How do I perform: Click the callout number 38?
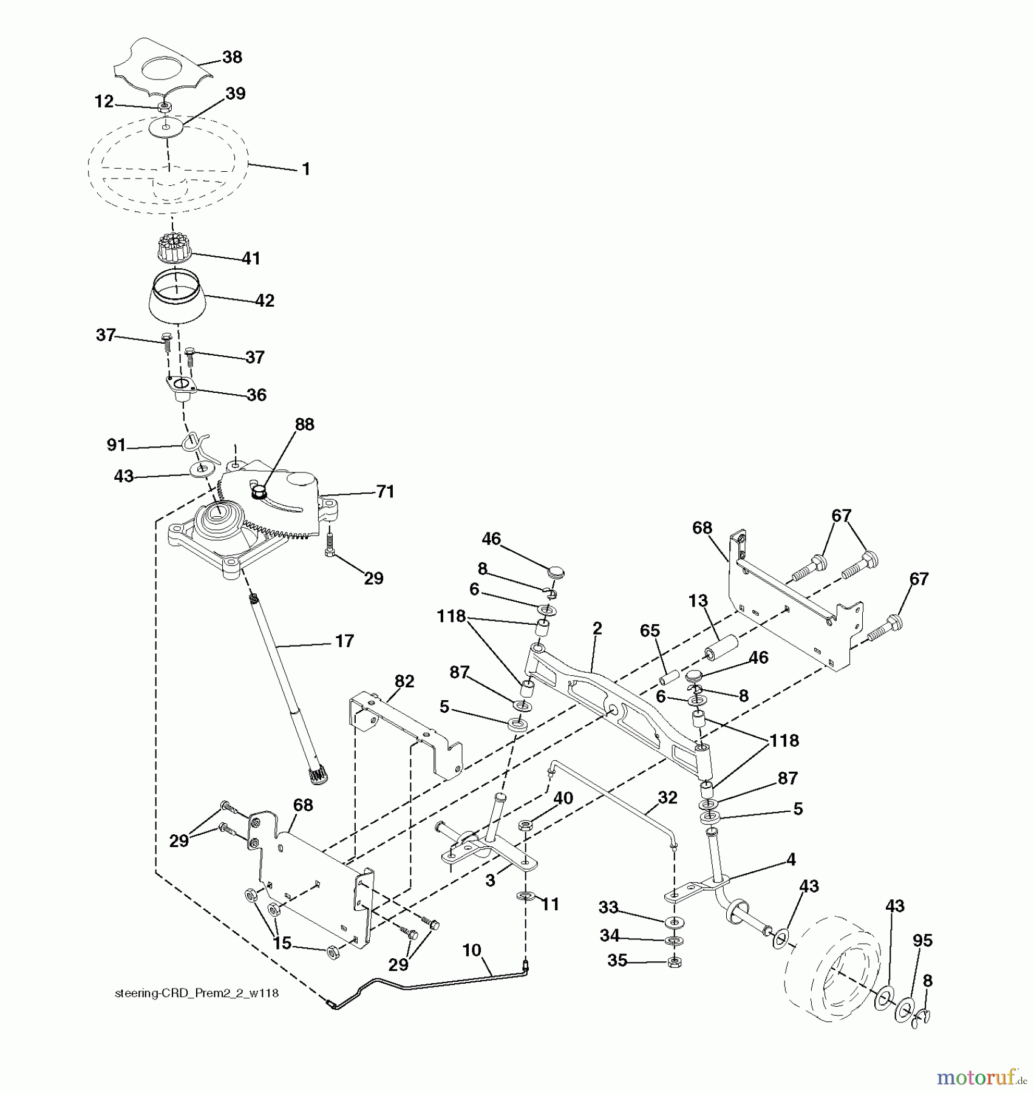click(232, 57)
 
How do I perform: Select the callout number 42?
click(265, 301)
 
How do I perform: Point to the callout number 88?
click(304, 424)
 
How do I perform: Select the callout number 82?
click(404, 681)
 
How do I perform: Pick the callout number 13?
click(698, 601)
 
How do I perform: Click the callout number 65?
click(650, 631)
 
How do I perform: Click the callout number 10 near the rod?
click(472, 950)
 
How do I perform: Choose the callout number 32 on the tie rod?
click(667, 797)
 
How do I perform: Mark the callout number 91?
click(116, 445)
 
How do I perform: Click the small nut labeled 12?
click(163, 107)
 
